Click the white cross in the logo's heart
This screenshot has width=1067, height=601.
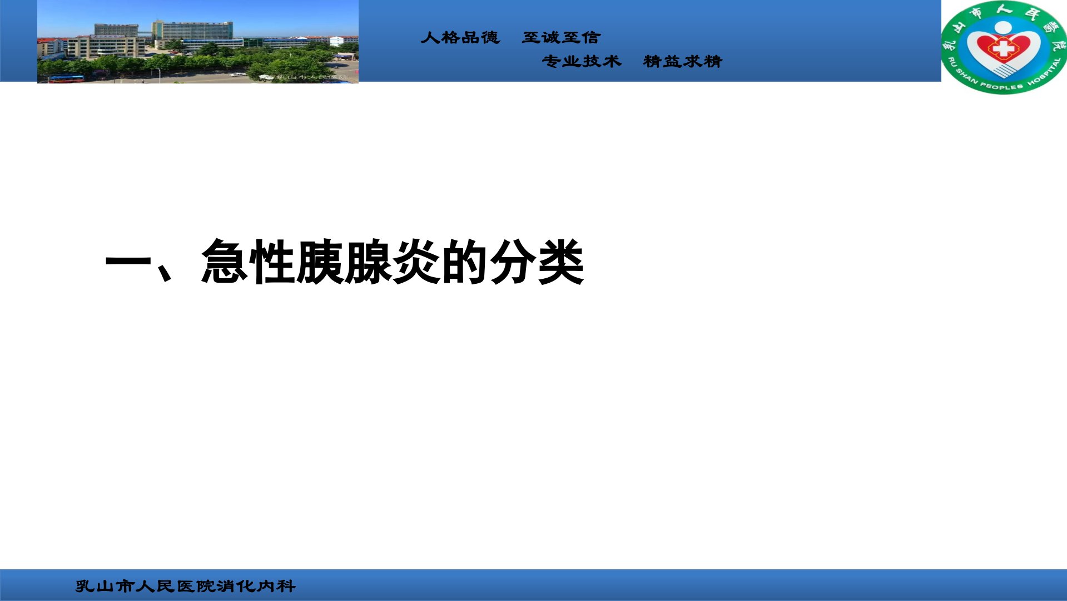click(1003, 48)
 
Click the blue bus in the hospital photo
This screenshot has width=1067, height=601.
click(66, 79)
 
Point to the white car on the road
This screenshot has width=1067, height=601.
click(237, 74)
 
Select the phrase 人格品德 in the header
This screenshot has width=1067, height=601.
click(460, 37)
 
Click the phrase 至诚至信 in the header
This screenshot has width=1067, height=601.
click(562, 37)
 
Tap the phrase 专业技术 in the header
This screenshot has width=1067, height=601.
click(582, 61)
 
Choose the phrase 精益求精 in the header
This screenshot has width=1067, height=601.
click(683, 61)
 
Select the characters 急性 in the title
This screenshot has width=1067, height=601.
click(248, 262)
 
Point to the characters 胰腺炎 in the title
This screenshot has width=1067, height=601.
click(369, 262)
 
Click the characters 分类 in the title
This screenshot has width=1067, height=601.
click(537, 262)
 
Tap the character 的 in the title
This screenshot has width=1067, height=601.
click(465, 262)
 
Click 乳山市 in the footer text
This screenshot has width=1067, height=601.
click(105, 586)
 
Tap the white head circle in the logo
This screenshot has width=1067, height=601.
click(1003, 27)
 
